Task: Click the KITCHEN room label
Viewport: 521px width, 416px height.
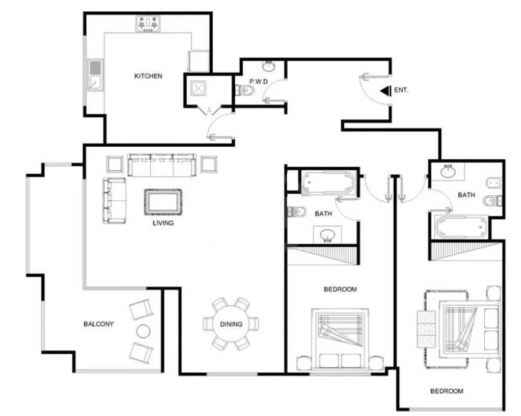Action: (149, 76)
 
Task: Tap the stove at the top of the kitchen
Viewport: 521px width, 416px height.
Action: (148, 24)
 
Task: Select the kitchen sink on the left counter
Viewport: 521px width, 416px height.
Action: (95, 75)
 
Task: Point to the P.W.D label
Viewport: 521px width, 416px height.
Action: (258, 81)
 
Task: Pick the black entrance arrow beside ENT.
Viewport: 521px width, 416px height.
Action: (386, 91)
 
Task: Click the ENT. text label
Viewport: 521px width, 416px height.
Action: (401, 90)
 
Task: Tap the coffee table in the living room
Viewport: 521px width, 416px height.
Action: (163, 202)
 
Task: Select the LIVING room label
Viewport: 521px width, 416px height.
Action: (163, 223)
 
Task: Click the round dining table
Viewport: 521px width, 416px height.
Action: (231, 324)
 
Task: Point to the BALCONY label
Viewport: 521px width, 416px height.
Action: (99, 324)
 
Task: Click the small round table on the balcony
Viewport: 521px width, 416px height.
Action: (144, 331)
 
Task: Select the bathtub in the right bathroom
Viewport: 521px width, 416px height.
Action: (461, 227)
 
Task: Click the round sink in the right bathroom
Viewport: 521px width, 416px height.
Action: (448, 172)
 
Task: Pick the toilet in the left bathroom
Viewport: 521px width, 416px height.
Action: (297, 212)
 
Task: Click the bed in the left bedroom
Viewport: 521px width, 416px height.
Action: (340, 339)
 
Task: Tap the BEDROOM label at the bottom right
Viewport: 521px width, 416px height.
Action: (447, 391)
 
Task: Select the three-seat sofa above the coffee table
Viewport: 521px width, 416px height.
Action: (162, 166)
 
